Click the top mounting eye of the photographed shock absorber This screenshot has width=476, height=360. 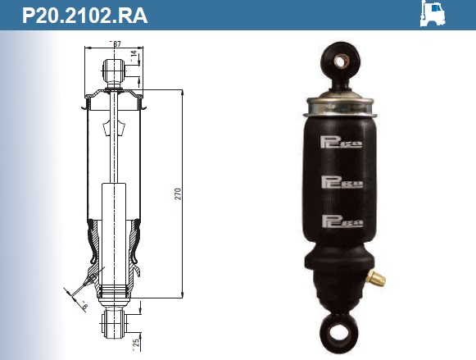point(341,58)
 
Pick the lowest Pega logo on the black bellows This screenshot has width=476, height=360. point(342,219)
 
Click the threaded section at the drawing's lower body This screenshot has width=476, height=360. point(113,292)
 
